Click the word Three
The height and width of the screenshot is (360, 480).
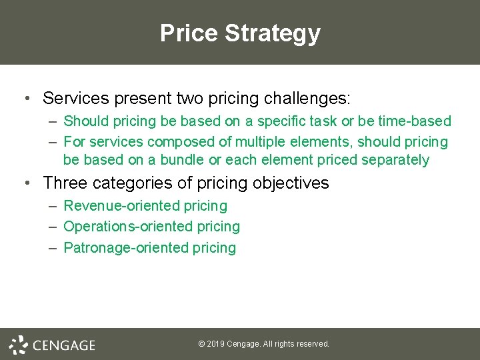tap(64, 183)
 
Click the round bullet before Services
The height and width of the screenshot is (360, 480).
tap(26, 99)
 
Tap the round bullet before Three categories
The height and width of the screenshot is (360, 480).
tap(26, 183)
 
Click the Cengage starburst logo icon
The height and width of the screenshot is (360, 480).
tap(18, 344)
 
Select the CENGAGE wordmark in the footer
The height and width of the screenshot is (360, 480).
tap(64, 345)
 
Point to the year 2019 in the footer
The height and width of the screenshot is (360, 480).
tap(215, 344)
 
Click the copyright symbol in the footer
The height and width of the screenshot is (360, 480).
tap(201, 344)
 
